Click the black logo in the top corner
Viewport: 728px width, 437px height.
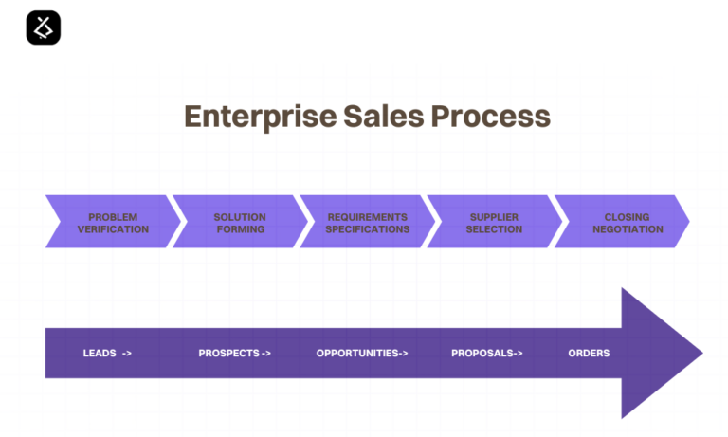tap(43, 27)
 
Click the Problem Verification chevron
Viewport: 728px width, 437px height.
tap(113, 223)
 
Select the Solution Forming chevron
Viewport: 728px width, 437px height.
tap(240, 223)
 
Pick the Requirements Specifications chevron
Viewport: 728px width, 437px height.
tap(367, 223)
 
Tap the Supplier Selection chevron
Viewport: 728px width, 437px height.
tap(494, 223)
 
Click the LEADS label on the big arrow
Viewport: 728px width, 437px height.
tap(101, 354)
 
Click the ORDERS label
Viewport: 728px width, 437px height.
tap(589, 354)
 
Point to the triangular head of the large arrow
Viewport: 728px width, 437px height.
tap(659, 354)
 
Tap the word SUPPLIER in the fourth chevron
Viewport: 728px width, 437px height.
tap(494, 217)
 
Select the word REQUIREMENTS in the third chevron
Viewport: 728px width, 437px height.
tap(367, 217)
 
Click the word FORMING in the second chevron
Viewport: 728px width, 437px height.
tap(240, 229)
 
